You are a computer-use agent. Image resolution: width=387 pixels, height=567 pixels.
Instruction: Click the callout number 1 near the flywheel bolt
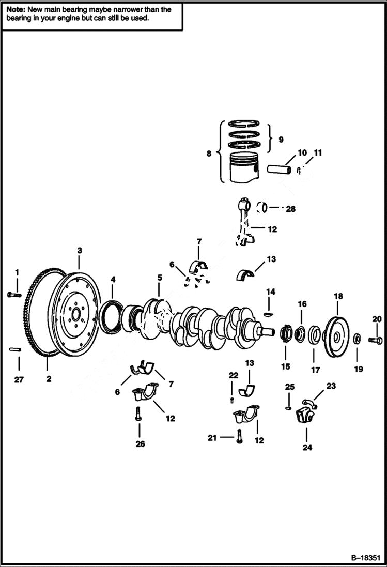(17, 272)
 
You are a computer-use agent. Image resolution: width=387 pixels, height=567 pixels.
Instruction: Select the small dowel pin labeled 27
(14, 350)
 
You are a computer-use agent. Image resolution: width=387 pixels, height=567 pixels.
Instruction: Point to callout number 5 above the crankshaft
(160, 278)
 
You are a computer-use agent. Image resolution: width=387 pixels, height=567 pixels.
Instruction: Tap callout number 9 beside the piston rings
(281, 139)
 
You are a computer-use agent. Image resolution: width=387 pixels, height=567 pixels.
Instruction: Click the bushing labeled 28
(264, 208)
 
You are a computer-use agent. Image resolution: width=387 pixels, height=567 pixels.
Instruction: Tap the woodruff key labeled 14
(268, 313)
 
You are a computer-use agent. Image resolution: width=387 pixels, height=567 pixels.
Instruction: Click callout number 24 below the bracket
(307, 448)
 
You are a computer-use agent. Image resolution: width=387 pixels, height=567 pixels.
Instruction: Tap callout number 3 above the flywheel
(80, 251)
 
